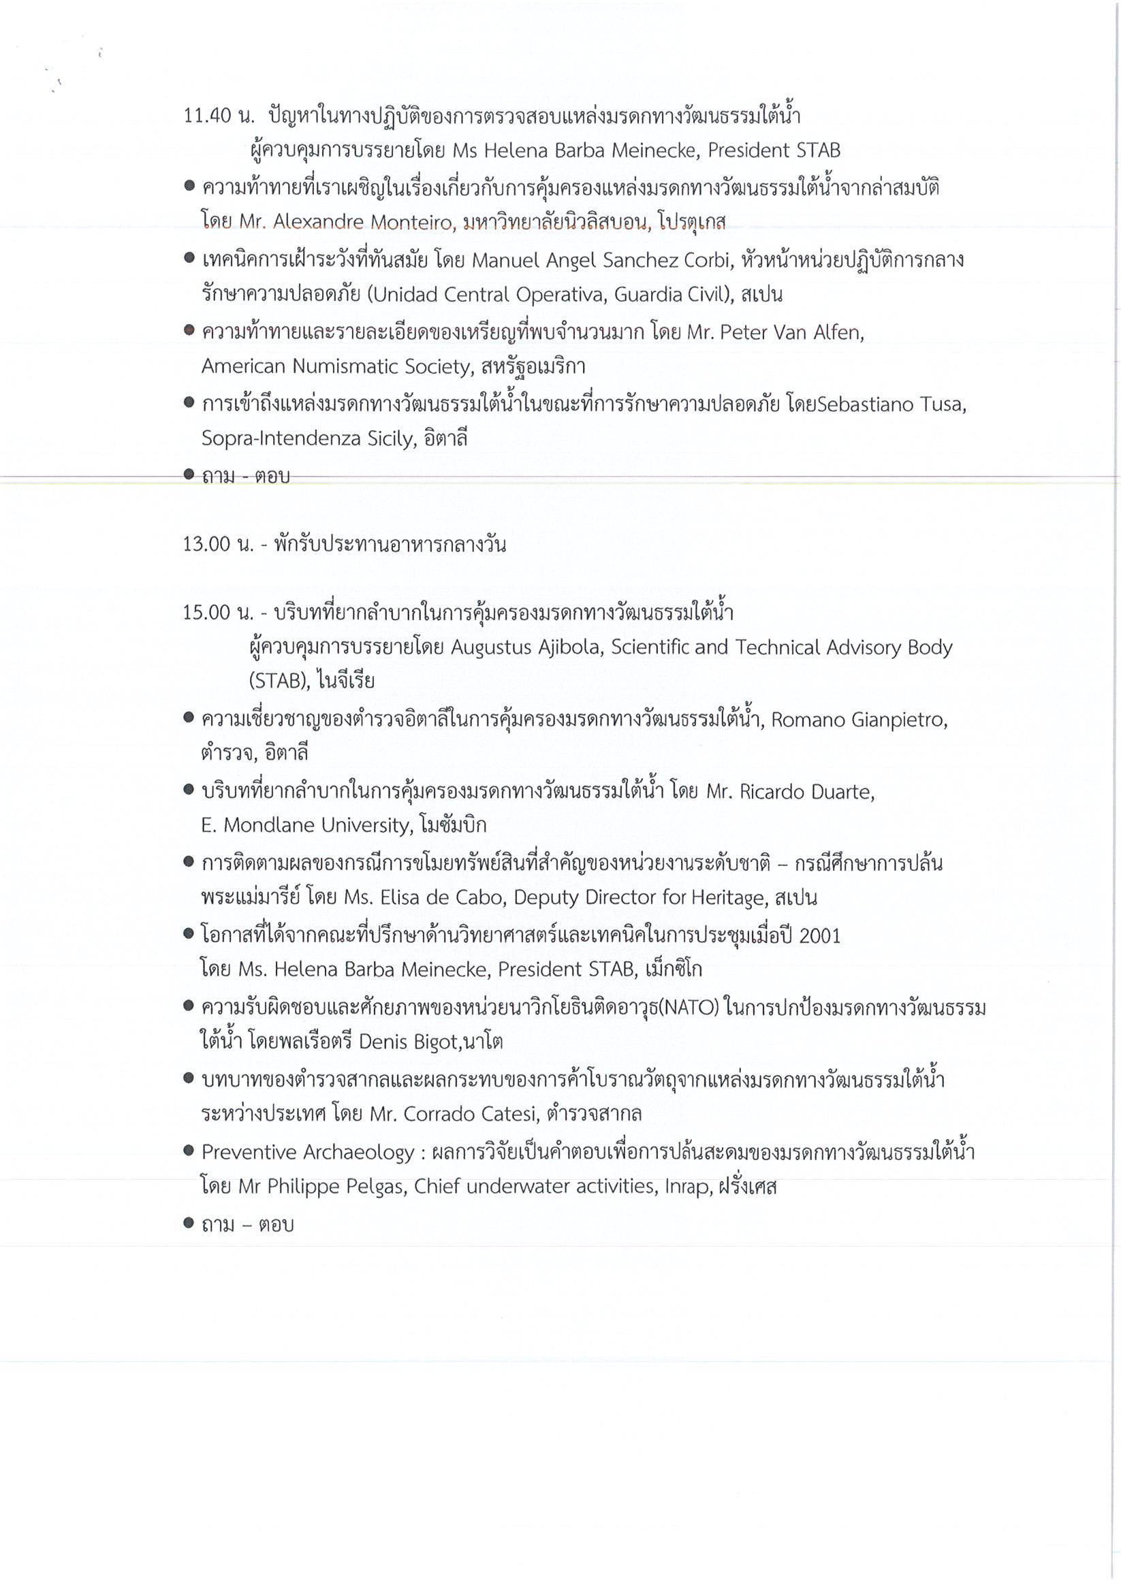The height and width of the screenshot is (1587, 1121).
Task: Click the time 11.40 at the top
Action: (x=206, y=116)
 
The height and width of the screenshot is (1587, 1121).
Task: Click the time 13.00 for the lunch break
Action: (x=206, y=545)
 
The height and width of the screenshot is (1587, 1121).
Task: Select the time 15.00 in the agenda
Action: (x=206, y=613)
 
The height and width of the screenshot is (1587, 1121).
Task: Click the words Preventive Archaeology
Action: (x=308, y=1152)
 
